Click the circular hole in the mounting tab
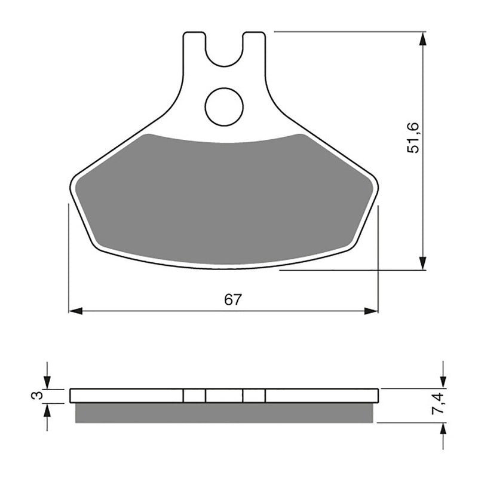click(224, 107)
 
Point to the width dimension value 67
click(233, 301)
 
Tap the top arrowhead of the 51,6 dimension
click(423, 39)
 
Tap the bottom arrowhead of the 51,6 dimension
click(423, 263)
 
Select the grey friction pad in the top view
click(224, 197)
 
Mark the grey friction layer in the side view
click(224, 413)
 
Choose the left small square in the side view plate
click(194, 396)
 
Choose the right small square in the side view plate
click(254, 396)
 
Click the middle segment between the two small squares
click(224, 396)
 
